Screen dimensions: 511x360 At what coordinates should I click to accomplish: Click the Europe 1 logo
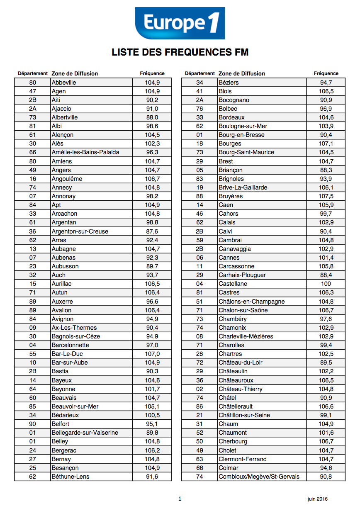point(180,23)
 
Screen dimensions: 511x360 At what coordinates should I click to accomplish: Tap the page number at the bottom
point(180,499)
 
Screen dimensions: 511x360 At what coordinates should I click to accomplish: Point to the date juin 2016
point(317,499)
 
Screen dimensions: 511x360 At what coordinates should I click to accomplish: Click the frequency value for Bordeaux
point(326,117)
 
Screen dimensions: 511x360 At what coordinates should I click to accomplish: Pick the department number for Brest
point(199,161)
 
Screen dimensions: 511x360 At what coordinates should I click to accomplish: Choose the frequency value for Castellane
point(326,284)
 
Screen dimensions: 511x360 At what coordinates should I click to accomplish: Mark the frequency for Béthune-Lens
point(152,477)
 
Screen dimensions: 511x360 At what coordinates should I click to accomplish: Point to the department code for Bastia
point(33,371)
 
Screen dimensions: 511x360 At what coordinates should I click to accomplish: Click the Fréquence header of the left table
point(152,73)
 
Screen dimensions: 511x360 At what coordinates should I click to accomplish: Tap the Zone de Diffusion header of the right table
point(242,73)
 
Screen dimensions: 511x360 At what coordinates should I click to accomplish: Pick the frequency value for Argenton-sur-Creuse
point(152,231)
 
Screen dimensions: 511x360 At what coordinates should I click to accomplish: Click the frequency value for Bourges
point(326,144)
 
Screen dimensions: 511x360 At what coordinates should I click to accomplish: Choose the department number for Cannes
point(199,258)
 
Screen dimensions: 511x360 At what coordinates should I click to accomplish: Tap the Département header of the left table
point(33,73)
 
